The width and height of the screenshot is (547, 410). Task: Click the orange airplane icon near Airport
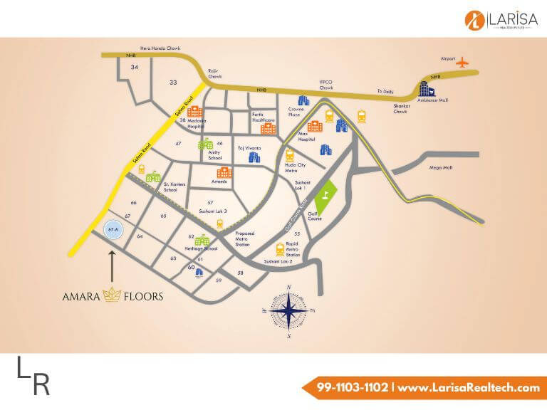click(465, 63)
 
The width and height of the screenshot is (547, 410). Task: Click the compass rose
click(288, 311)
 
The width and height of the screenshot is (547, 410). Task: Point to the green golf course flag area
click(324, 200)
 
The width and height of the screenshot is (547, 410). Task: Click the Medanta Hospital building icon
click(194, 112)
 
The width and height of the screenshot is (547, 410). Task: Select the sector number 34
click(135, 67)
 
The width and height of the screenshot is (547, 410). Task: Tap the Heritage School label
click(202, 250)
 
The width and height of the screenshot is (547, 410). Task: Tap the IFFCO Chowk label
click(326, 87)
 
